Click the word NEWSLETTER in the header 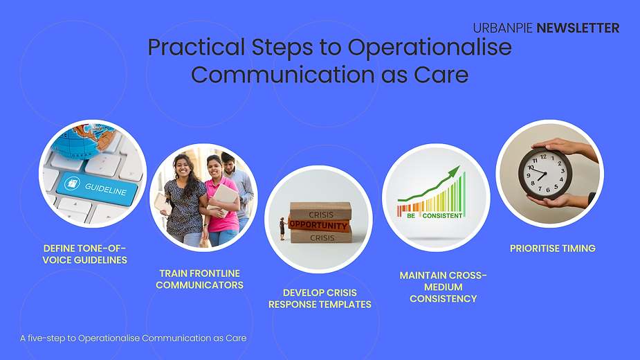click(x=578, y=28)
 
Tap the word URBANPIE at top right click(x=503, y=28)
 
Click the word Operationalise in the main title click(x=430, y=48)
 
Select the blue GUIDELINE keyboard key click(x=96, y=188)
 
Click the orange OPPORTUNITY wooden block click(x=319, y=225)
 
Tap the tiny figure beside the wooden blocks click(x=282, y=228)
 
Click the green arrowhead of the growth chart click(x=454, y=171)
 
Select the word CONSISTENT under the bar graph click(x=442, y=216)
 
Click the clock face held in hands click(x=545, y=174)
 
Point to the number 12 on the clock click(x=543, y=156)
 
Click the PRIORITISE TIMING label click(x=553, y=249)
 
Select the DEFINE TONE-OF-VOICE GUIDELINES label click(x=84, y=254)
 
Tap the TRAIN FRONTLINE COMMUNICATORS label click(x=199, y=279)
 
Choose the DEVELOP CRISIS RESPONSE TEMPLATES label click(x=320, y=298)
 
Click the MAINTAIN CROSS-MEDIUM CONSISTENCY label click(x=444, y=287)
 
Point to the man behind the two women click(x=237, y=184)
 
